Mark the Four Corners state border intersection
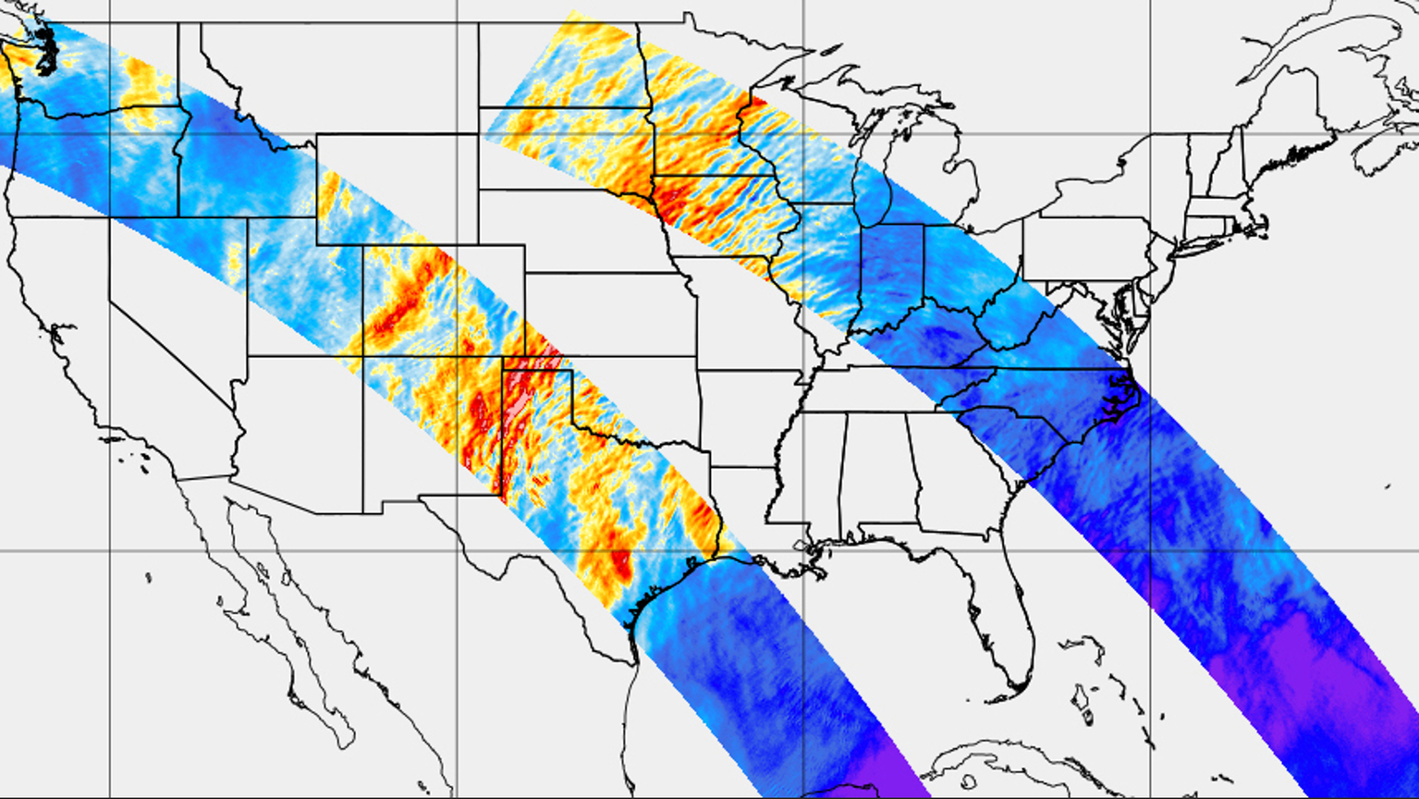pos(362,356)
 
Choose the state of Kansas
pos(610,314)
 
